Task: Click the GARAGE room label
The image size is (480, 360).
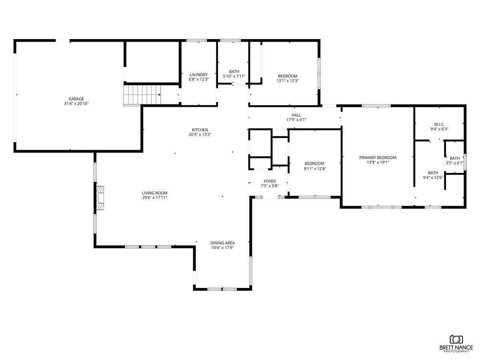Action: pyautogui.click(x=76, y=99)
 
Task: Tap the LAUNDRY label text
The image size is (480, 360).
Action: pyautogui.click(x=199, y=74)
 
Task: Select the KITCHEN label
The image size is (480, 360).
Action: pyautogui.click(x=200, y=130)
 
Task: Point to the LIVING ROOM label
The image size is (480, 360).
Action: pyautogui.click(x=154, y=192)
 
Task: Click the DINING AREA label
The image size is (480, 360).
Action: pyautogui.click(x=222, y=243)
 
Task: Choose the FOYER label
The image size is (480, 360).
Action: pyautogui.click(x=269, y=181)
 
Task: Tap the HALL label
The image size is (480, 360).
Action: pyautogui.click(x=296, y=115)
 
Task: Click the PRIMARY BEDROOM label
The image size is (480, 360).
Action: pyautogui.click(x=378, y=158)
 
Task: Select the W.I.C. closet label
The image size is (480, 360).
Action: pyautogui.click(x=439, y=124)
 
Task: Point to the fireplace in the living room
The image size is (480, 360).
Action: pyautogui.click(x=100, y=198)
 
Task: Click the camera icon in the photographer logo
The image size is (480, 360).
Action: pyautogui.click(x=456, y=340)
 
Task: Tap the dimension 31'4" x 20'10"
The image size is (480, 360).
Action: pyautogui.click(x=76, y=104)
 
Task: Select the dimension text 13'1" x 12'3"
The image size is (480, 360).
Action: pyautogui.click(x=288, y=81)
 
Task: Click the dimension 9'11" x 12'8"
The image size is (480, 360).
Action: pyautogui.click(x=314, y=168)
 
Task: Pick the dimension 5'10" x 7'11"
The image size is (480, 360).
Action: pyautogui.click(x=234, y=76)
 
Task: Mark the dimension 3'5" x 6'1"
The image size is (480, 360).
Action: pyautogui.click(x=455, y=163)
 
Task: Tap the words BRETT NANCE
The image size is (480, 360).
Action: pyautogui.click(x=456, y=348)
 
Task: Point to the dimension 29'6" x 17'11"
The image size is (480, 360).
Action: pyautogui.click(x=154, y=197)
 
